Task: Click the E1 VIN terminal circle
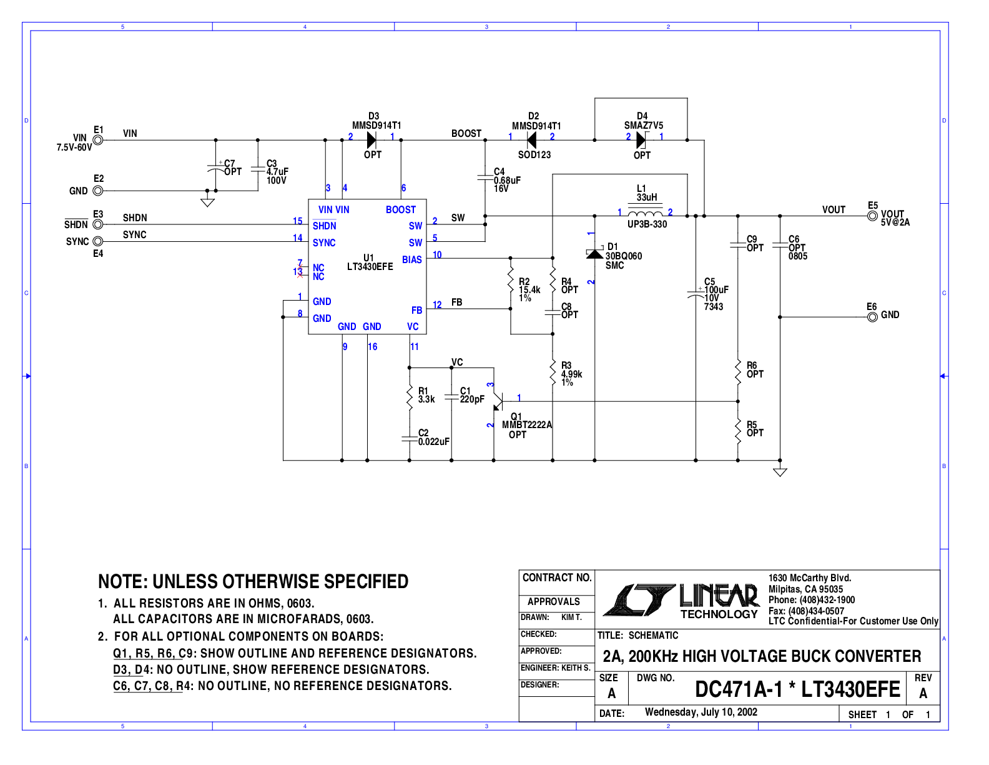pyautogui.click(x=98, y=140)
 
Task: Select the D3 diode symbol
pyautogui.click(x=371, y=140)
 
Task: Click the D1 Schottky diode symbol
pyautogui.click(x=594, y=253)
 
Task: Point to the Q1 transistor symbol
pyautogui.click(x=497, y=402)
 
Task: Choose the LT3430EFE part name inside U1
pyautogui.click(x=370, y=267)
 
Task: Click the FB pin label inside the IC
pyautogui.click(x=416, y=310)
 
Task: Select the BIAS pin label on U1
pyautogui.click(x=411, y=259)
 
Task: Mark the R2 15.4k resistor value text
pyautogui.click(x=529, y=290)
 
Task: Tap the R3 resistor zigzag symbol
pyautogui.click(x=553, y=372)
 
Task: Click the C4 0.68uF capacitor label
pyautogui.click(x=507, y=181)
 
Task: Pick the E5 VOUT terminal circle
pyautogui.click(x=872, y=216)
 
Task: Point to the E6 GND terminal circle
pyautogui.click(x=872, y=317)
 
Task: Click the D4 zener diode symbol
pyautogui.click(x=642, y=140)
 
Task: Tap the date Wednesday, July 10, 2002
pyautogui.click(x=701, y=712)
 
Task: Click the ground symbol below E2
pyautogui.click(x=208, y=202)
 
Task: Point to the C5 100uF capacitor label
pyautogui.click(x=716, y=290)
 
